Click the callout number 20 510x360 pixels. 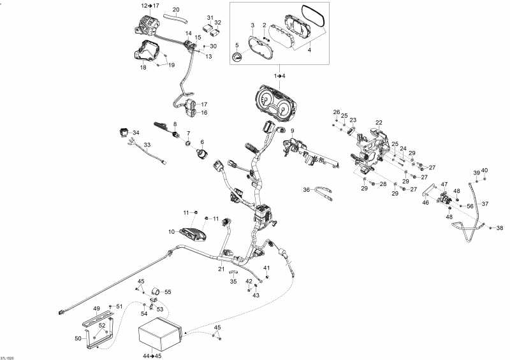tap(176, 9)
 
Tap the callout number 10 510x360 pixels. tap(172, 231)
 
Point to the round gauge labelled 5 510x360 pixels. tap(238, 57)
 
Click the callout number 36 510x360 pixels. tap(306, 189)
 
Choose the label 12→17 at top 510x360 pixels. tap(150, 5)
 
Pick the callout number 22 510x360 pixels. tap(379, 122)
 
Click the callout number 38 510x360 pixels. tap(499, 228)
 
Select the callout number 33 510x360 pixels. tap(147, 145)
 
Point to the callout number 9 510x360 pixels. tap(292, 131)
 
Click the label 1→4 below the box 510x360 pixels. tap(280, 76)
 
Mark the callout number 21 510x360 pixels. tap(221, 270)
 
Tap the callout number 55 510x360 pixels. tap(168, 292)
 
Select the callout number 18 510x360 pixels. tap(143, 67)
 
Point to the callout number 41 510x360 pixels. tap(267, 268)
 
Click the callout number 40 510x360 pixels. tap(484, 170)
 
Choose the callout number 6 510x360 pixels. tap(202, 142)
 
